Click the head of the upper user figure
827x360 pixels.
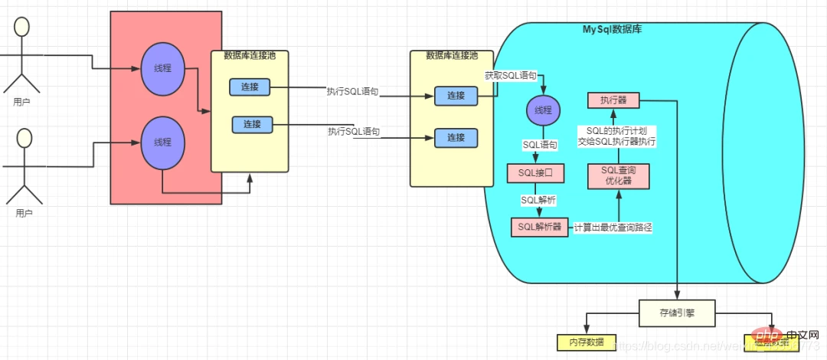(x=22, y=27)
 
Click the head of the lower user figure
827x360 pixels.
(x=25, y=138)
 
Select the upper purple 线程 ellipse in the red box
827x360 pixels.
(x=162, y=69)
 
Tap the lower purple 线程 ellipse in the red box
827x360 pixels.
(x=162, y=142)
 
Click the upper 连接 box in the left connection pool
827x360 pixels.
(x=250, y=88)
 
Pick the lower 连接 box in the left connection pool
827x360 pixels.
(x=252, y=124)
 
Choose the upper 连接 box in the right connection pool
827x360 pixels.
(x=456, y=96)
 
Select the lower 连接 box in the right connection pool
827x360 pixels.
(x=456, y=138)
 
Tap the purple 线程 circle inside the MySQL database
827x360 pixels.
(x=542, y=111)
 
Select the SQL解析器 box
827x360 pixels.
(x=540, y=227)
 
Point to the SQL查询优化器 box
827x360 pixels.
(x=619, y=176)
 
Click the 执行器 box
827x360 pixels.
(x=613, y=100)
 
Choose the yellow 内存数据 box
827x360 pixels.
(x=585, y=342)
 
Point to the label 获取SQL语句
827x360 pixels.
(x=511, y=76)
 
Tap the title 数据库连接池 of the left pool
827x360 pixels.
(x=250, y=55)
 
